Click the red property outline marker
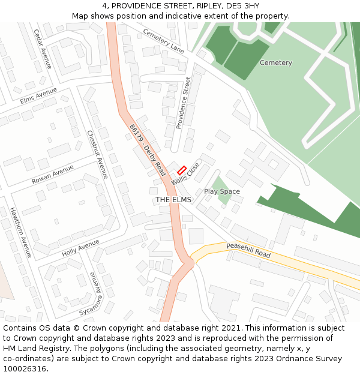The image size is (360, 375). pos(182,170)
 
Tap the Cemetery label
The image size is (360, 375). pos(276,62)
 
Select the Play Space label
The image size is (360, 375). pos(222,191)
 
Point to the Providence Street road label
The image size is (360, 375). pos(184,103)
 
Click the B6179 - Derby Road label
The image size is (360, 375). pos(147,150)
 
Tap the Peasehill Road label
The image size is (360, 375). pos(248,250)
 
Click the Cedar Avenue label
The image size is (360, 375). pos(43,49)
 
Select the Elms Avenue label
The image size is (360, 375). pos(38,96)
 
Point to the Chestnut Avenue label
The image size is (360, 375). pos(97,154)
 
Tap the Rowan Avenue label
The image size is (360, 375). pos(53,175)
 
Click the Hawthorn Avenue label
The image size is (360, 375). pos(20,232)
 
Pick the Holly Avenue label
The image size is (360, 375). pos(80,248)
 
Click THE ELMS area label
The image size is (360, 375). pos(173,199)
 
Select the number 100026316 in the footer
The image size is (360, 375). pos(25,369)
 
